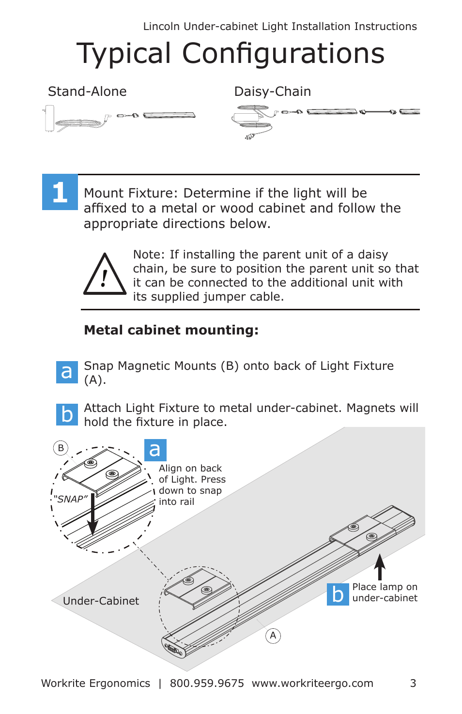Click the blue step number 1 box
(x=60, y=192)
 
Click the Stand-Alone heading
(x=87, y=91)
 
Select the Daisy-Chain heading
(x=272, y=91)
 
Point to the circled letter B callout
(x=61, y=448)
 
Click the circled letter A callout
(x=273, y=636)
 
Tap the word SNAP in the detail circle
(x=72, y=499)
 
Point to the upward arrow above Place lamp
(x=380, y=566)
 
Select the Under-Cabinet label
(x=101, y=601)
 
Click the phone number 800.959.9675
(x=207, y=683)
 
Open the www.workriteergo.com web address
(x=312, y=683)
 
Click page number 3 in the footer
(x=413, y=683)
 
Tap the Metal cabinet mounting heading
(x=171, y=330)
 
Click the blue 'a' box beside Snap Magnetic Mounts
(x=67, y=372)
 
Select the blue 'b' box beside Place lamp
(x=338, y=594)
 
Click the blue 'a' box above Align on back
(x=155, y=450)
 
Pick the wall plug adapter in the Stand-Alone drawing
(x=49, y=119)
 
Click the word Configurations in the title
(x=283, y=53)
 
